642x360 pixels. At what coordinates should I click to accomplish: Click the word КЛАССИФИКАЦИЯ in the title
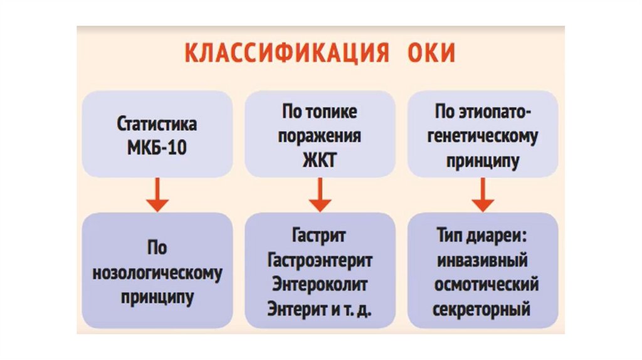pyautogui.click(x=280, y=53)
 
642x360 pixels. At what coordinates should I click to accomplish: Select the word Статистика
pyautogui.click(x=157, y=124)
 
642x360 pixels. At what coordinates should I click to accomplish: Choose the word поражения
pyautogui.click(x=320, y=135)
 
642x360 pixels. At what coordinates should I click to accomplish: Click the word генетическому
pyautogui.click(x=482, y=137)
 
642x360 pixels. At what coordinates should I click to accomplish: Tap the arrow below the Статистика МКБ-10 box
pyautogui.click(x=157, y=194)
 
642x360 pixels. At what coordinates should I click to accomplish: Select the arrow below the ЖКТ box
pyautogui.click(x=320, y=194)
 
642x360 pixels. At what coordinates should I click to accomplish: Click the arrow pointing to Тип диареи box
pyautogui.click(x=482, y=194)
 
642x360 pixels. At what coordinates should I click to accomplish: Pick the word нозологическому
pyautogui.click(x=157, y=273)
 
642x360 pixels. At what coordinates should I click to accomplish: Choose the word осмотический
pyautogui.click(x=482, y=284)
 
